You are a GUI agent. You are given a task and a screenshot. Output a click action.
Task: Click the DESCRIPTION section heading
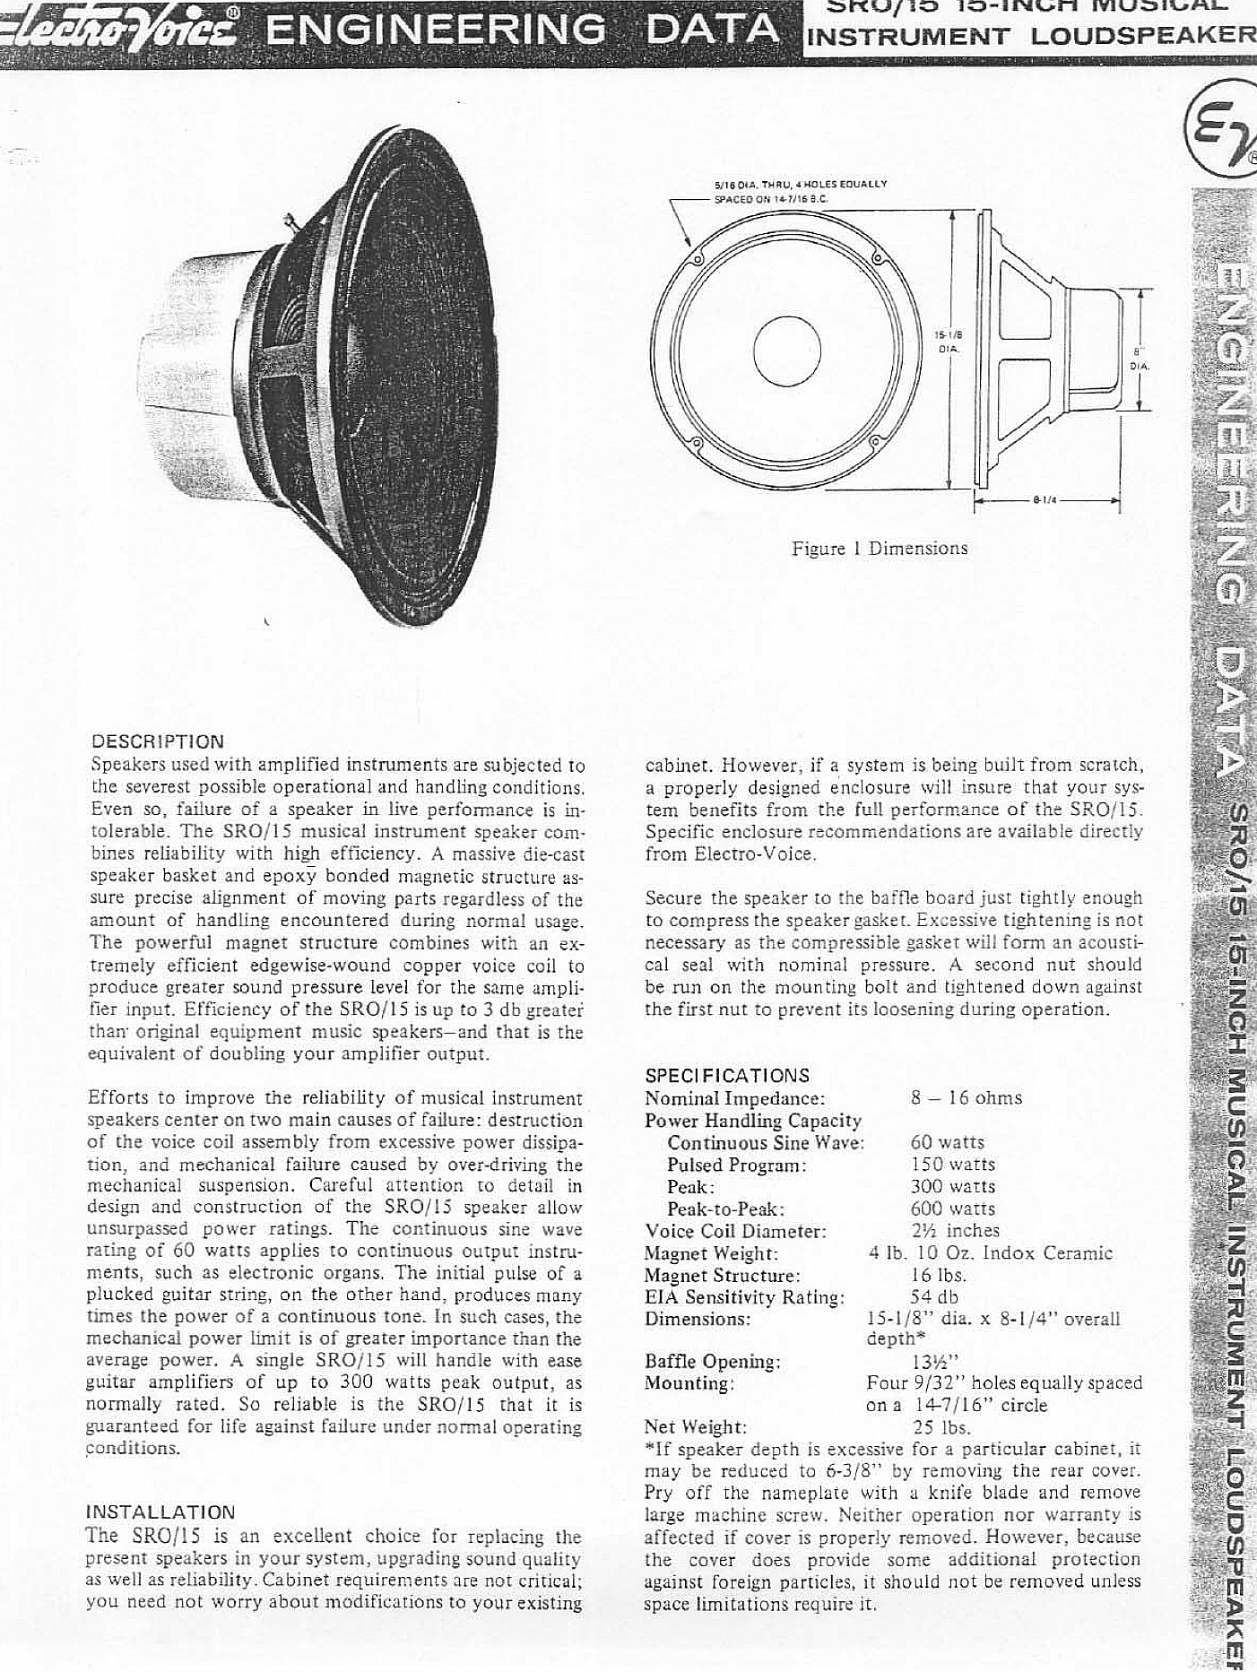pyautogui.click(x=158, y=741)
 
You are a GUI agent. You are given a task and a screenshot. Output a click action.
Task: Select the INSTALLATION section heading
pyautogui.click(x=160, y=1513)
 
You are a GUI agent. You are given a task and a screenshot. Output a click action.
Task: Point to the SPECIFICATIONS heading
pyautogui.click(x=727, y=1075)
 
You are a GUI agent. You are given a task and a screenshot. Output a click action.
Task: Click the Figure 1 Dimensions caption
pyautogui.click(x=879, y=548)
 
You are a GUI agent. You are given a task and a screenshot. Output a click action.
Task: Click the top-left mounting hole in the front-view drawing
pyautogui.click(x=698, y=264)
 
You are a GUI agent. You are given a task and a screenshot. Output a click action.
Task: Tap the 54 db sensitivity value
pyautogui.click(x=934, y=1296)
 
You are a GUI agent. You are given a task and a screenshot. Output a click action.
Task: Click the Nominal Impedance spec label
pyautogui.click(x=734, y=1098)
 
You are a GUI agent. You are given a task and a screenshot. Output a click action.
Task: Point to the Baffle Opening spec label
pyautogui.click(x=713, y=1361)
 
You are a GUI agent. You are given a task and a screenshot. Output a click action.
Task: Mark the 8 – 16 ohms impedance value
pyautogui.click(x=966, y=1098)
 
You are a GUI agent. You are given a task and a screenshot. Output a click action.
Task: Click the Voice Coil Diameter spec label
pyautogui.click(x=735, y=1231)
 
